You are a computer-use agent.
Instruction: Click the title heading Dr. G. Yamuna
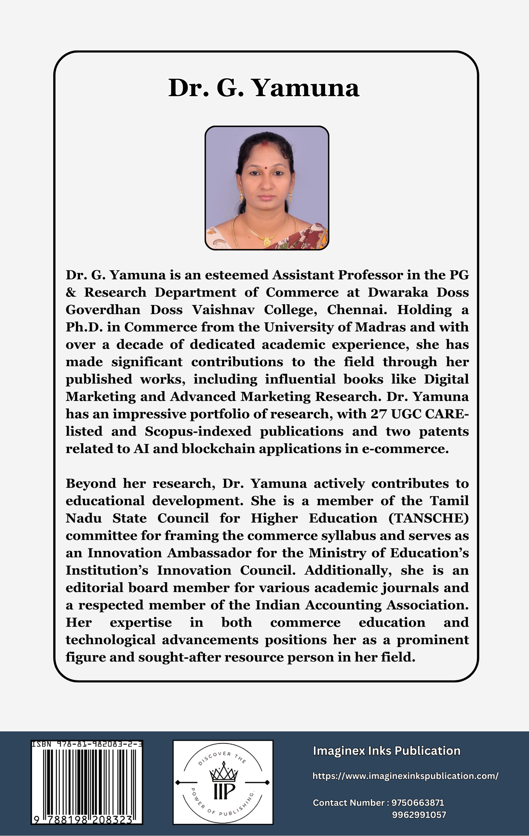coord(264,88)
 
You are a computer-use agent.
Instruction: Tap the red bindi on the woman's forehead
coord(264,167)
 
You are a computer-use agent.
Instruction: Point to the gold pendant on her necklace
coord(266,241)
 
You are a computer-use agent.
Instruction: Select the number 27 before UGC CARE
coord(378,414)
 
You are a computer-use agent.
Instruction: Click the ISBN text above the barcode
coord(87,744)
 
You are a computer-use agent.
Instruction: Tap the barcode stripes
coord(87,781)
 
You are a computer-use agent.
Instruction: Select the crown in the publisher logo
coord(224,773)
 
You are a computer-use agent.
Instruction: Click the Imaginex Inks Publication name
coord(386,751)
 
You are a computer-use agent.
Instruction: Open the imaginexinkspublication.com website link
coord(406,776)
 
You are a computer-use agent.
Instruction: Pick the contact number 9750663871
coord(418,803)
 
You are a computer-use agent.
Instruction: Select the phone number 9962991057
coord(419,815)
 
